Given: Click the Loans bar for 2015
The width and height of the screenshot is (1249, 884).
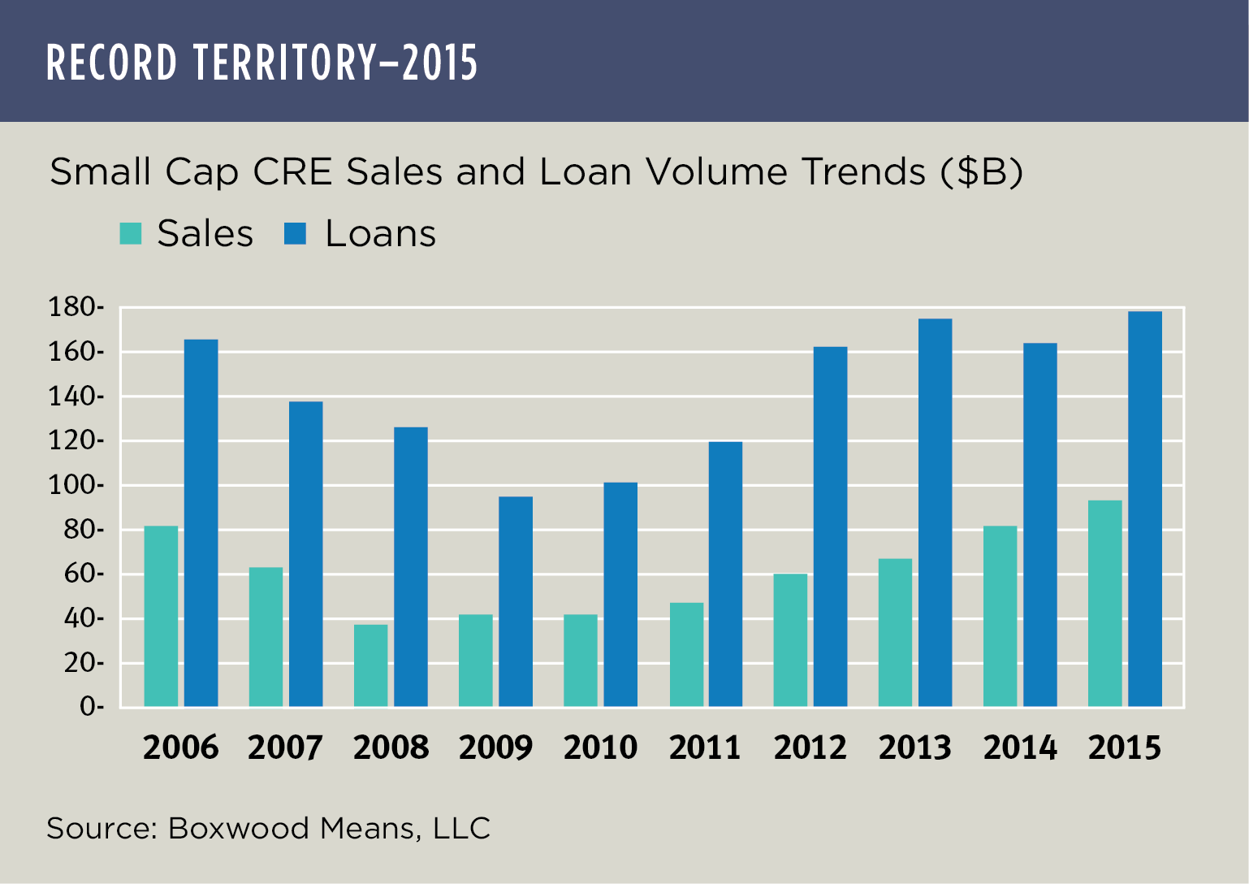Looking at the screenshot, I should pos(1144,509).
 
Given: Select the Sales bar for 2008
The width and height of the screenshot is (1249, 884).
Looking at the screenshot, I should pos(370,665).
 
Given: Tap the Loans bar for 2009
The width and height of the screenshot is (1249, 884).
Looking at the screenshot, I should pos(515,601).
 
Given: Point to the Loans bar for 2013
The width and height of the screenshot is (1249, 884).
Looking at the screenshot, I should pos(935,513).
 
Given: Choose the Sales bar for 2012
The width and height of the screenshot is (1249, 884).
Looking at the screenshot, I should pos(790,640).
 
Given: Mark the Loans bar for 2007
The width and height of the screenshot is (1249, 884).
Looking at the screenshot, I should pos(305,554).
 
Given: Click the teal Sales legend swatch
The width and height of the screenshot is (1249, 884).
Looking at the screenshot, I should pos(131,234).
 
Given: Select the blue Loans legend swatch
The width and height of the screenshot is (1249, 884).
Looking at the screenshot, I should pos(295,234).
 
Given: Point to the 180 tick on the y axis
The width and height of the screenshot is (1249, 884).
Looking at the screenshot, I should pos(75,308).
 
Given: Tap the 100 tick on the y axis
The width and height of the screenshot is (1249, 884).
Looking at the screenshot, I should pos(75,486).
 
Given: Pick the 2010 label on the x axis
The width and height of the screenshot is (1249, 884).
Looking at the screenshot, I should pos(600,747).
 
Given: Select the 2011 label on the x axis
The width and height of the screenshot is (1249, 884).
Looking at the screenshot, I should pos(705,747).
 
